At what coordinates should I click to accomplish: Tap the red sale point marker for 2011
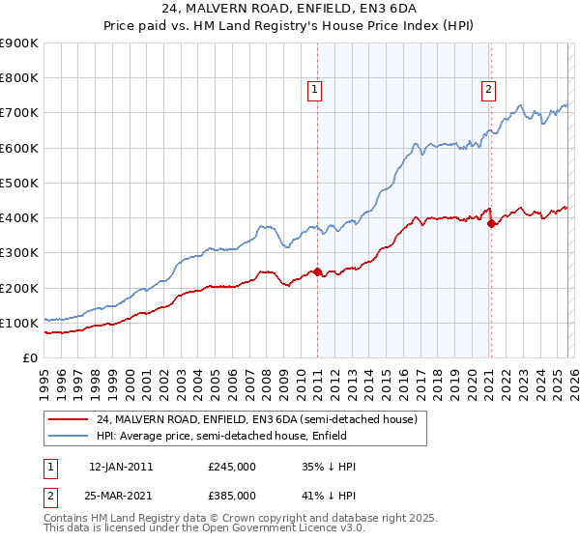[x=317, y=271]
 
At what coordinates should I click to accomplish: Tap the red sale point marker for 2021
[x=491, y=223]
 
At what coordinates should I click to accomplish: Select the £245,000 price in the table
[x=231, y=467]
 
